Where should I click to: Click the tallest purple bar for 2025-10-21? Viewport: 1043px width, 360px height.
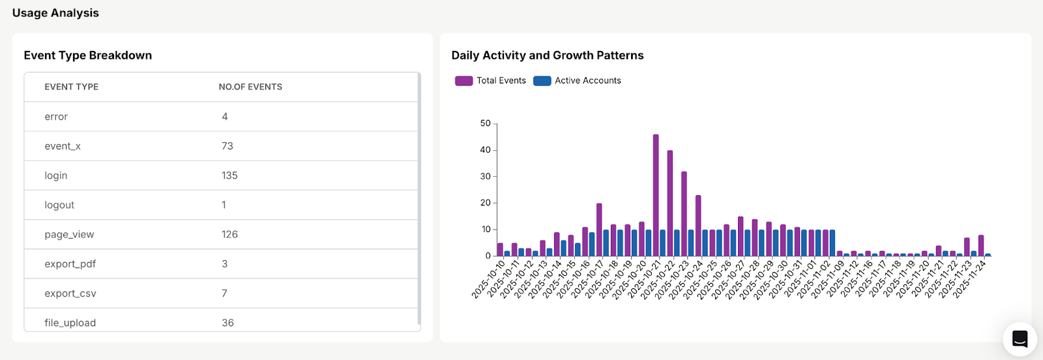[656, 195]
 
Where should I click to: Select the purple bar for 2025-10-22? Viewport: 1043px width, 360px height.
[670, 203]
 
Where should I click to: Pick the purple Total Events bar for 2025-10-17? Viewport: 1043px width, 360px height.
[599, 230]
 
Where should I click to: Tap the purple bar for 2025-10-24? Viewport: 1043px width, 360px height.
[698, 225]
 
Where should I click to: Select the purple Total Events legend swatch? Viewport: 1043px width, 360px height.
[463, 81]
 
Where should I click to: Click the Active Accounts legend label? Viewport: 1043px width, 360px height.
[587, 81]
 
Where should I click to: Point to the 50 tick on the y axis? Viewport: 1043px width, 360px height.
[485, 123]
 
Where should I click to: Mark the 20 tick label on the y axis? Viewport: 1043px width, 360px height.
[486, 203]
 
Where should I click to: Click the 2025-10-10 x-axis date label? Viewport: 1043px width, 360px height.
[489, 279]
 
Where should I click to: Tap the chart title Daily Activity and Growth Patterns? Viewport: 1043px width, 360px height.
[547, 55]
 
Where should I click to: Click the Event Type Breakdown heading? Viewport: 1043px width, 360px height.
[87, 55]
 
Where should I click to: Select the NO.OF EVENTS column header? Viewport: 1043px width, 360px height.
[250, 87]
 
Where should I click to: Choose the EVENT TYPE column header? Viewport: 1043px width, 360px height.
[71, 87]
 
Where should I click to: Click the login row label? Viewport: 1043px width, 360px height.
[56, 175]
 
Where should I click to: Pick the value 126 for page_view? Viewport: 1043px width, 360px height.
[229, 234]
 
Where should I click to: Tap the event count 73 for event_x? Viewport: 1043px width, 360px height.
[227, 146]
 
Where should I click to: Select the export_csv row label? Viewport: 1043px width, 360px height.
[70, 293]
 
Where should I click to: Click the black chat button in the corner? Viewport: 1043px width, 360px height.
[1020, 338]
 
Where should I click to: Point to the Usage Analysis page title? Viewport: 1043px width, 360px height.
[55, 13]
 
